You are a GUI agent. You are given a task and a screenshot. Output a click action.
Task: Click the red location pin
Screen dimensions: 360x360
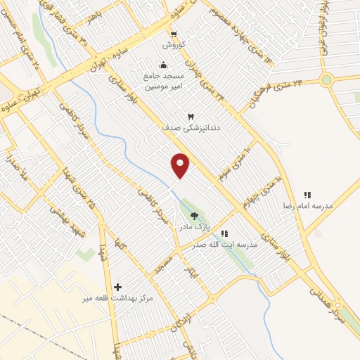click(x=181, y=165)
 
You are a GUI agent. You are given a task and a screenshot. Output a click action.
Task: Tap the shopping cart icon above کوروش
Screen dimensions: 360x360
click(x=173, y=33)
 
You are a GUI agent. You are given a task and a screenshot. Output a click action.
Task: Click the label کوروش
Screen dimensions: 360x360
click(x=173, y=44)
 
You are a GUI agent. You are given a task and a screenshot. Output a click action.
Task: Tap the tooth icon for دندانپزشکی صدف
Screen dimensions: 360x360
click(x=189, y=115)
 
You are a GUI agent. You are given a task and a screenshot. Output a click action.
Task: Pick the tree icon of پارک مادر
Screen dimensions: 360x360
click(x=194, y=217)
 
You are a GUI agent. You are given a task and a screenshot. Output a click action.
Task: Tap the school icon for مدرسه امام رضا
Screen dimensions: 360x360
click(x=307, y=195)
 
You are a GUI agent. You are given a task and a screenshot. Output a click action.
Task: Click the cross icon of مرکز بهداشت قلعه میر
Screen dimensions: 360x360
click(x=117, y=287)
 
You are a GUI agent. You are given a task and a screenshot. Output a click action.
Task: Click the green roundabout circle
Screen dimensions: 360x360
click(x=326, y=80)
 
